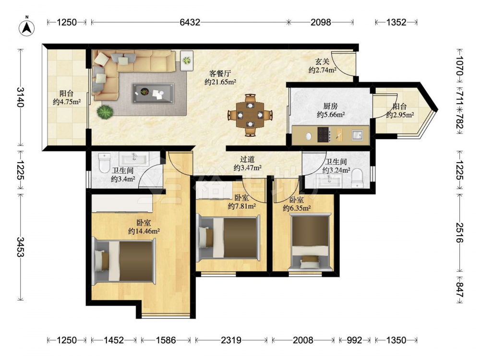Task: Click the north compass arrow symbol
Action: (x=26, y=28)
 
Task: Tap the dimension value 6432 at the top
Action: (x=190, y=22)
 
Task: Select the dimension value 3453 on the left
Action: (x=21, y=247)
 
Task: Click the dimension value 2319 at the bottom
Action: (x=231, y=340)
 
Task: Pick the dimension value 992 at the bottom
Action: (x=355, y=340)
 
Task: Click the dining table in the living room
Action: (x=251, y=115)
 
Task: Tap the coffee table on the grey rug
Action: (x=153, y=93)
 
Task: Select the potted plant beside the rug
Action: (x=105, y=112)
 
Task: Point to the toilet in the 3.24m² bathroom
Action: (x=357, y=179)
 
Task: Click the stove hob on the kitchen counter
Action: (x=324, y=135)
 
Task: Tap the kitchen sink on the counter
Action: (x=357, y=135)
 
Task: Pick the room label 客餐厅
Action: (x=220, y=73)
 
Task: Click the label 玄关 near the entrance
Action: (x=323, y=61)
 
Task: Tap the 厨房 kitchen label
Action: (x=331, y=106)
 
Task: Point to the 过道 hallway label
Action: (x=247, y=159)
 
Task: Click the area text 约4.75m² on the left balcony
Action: (x=66, y=102)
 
